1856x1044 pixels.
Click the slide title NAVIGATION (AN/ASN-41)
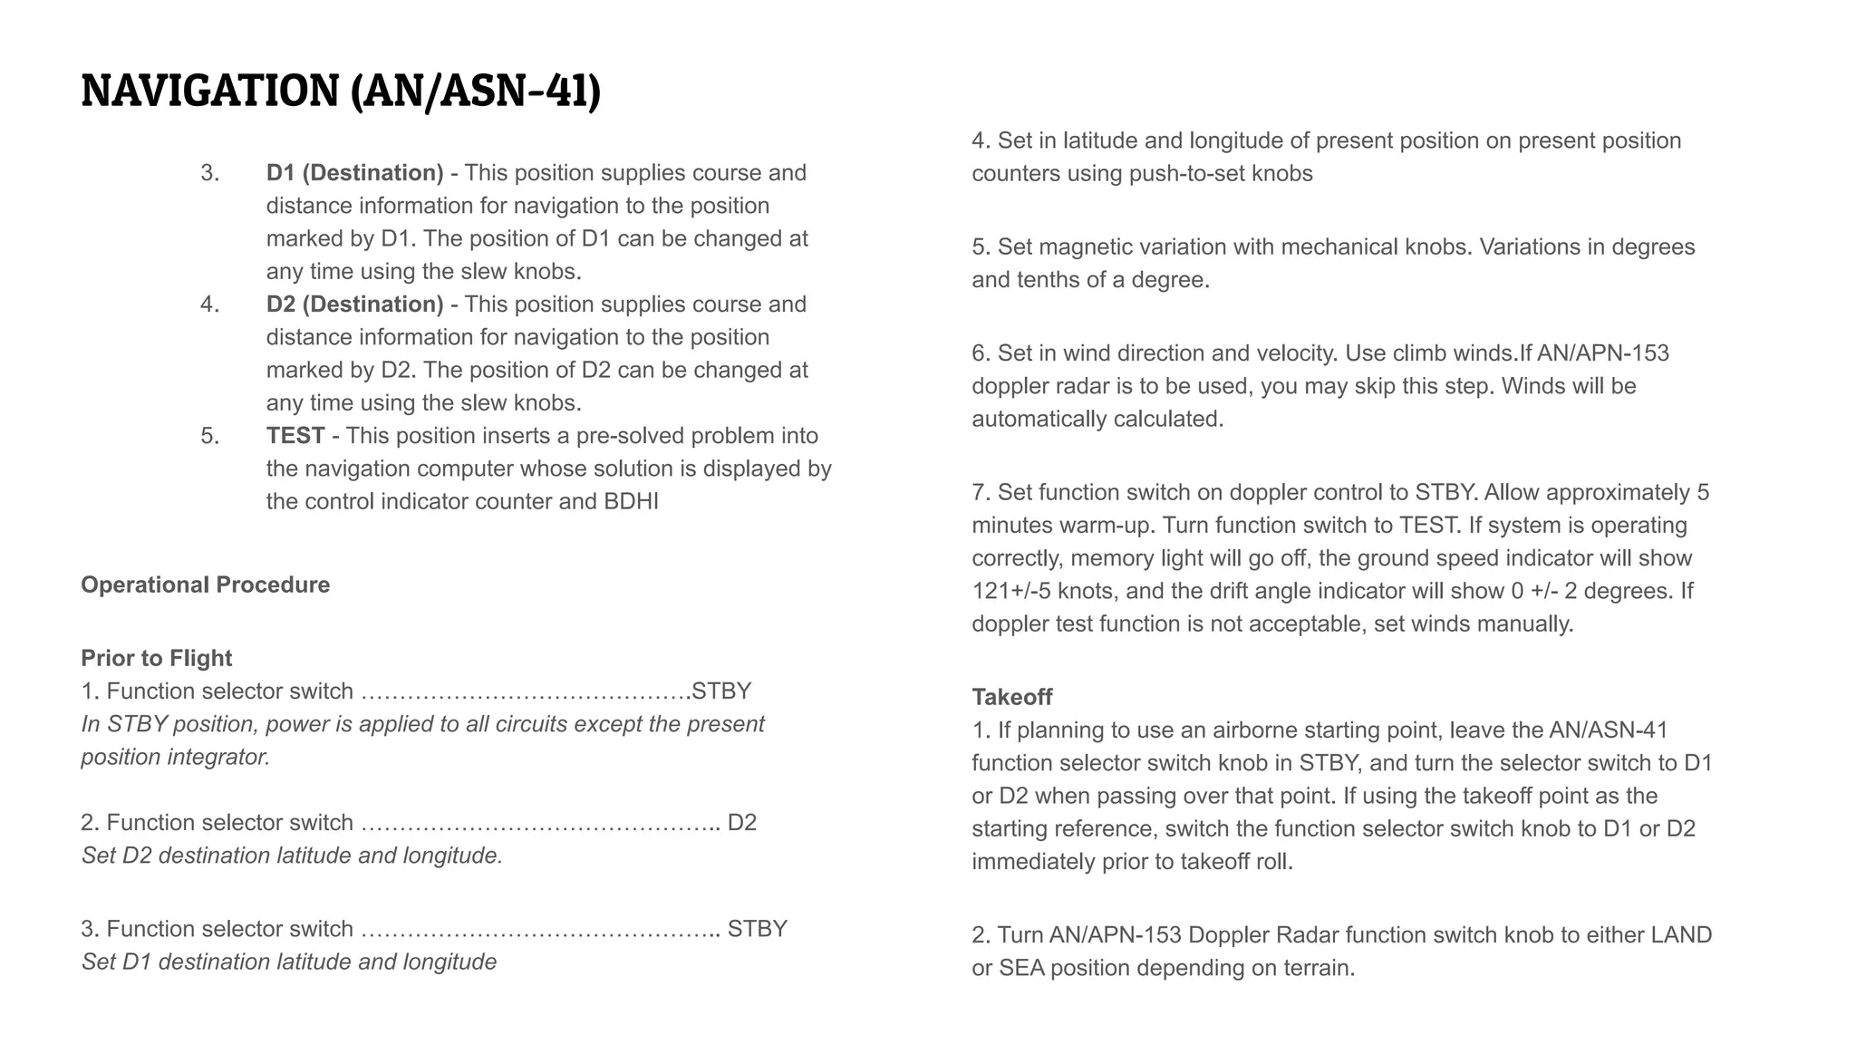[341, 92]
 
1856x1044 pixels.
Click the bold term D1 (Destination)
[354, 173]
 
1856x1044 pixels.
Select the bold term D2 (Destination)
[354, 304]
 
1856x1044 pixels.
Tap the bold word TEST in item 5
[295, 436]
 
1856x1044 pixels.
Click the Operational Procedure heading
[205, 585]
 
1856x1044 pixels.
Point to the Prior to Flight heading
[156, 658]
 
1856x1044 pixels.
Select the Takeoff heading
[1011, 697]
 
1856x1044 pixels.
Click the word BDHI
[631, 502]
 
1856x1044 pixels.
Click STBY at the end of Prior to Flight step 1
[720, 691]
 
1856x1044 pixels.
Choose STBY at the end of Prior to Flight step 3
[757, 929]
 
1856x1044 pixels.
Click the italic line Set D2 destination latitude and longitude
[292, 855]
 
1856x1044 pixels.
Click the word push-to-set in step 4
[1186, 174]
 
